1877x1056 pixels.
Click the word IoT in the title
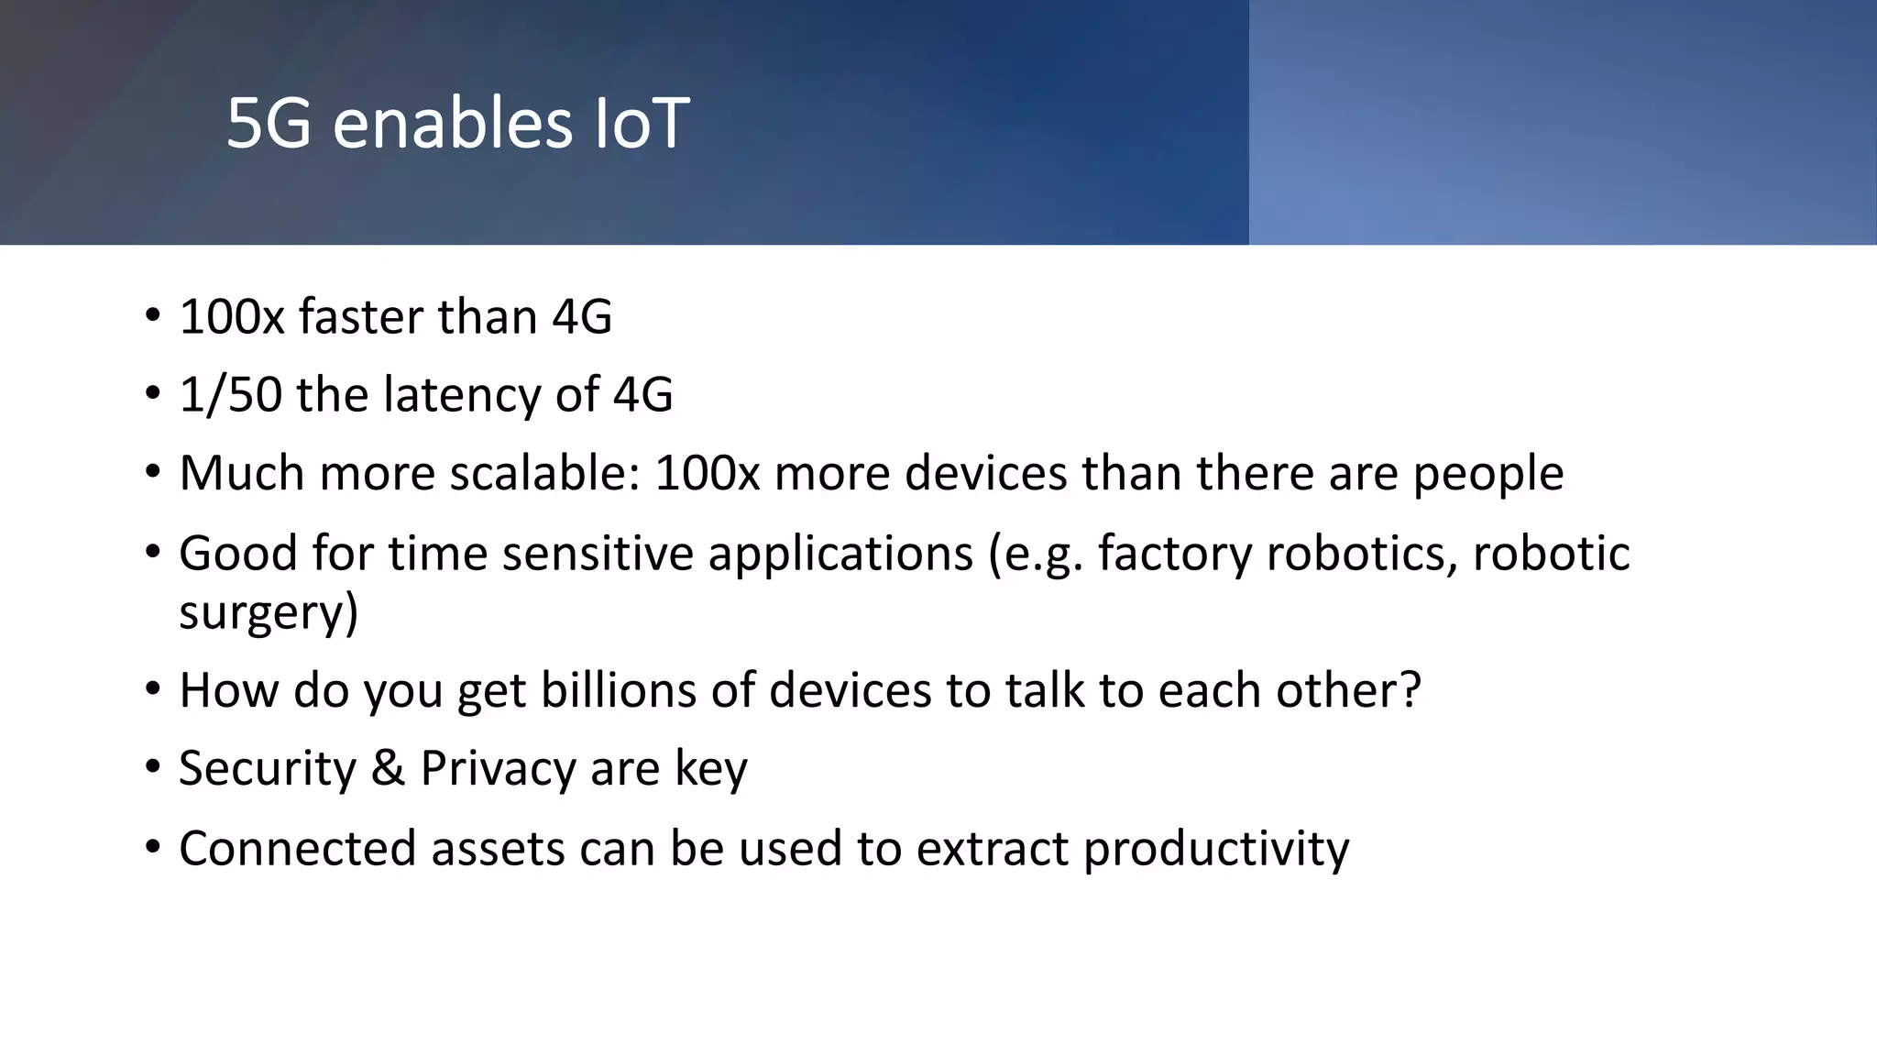(x=642, y=124)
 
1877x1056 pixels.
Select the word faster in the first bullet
(x=360, y=317)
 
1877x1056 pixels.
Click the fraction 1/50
(x=230, y=395)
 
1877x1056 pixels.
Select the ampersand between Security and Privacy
(x=388, y=768)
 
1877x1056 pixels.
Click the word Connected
(x=298, y=848)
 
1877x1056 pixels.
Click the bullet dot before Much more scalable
(x=152, y=474)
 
